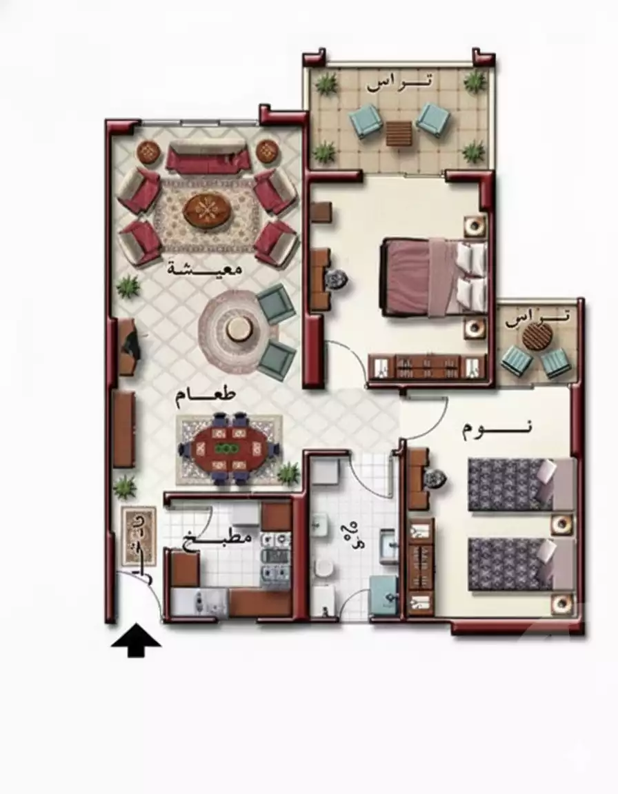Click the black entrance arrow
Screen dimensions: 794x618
point(136,640)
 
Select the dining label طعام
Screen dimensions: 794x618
point(206,395)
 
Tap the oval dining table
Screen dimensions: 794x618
point(228,449)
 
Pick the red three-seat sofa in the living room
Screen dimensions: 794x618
point(207,158)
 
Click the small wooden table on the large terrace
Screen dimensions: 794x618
point(399,133)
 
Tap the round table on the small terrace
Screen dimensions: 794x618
point(537,337)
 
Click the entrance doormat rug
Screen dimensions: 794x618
point(138,538)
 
